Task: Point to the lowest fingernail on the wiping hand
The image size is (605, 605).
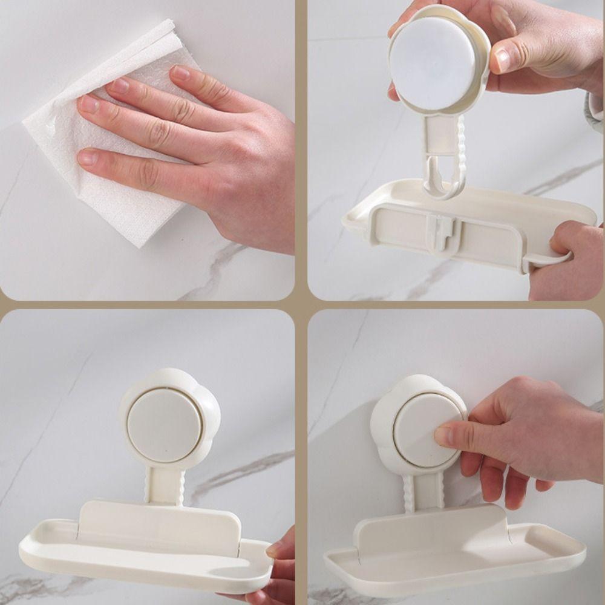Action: click(x=87, y=157)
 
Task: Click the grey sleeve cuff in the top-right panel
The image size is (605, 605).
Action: click(x=595, y=112)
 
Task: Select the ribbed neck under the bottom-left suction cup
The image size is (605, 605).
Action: click(x=164, y=484)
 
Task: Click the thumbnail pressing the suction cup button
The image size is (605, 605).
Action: click(x=443, y=436)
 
